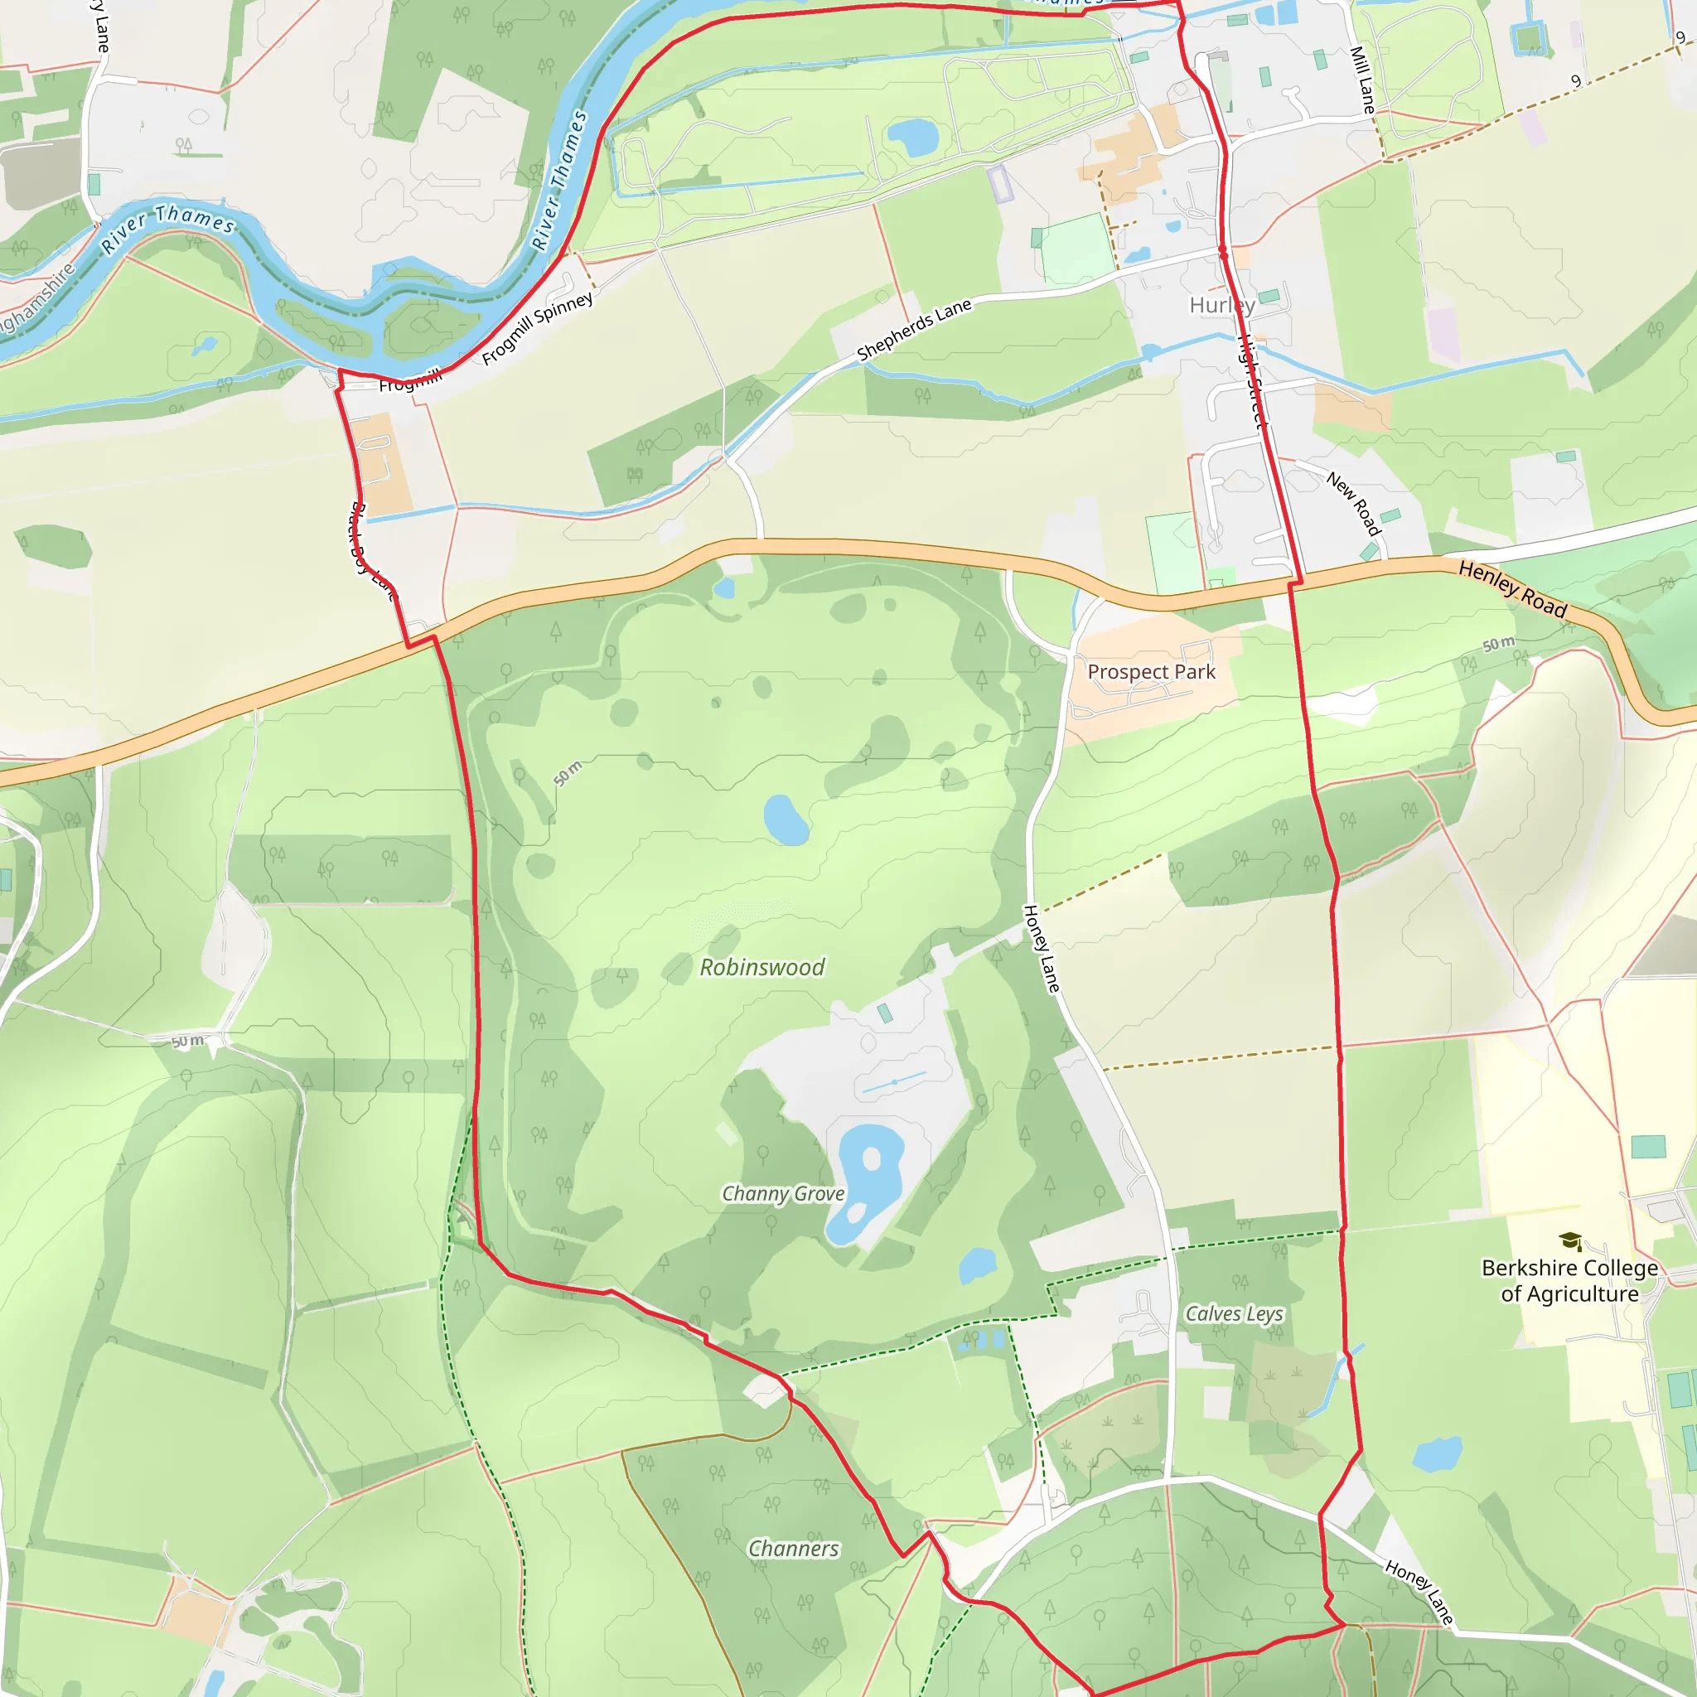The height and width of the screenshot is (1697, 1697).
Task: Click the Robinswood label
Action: click(761, 967)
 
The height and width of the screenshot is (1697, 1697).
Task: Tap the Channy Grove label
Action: click(782, 1194)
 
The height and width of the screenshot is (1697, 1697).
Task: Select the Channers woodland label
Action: click(793, 1549)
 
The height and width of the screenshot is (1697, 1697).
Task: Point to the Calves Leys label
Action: click(1234, 1314)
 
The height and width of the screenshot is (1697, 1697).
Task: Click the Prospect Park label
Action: click(1151, 672)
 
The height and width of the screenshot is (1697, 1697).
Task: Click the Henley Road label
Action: click(1512, 590)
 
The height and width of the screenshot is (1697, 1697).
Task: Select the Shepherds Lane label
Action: click(915, 328)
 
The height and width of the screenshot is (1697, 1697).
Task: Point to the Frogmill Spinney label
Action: click(538, 328)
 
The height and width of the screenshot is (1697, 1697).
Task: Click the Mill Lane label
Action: click(1362, 80)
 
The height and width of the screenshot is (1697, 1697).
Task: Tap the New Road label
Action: click(1354, 504)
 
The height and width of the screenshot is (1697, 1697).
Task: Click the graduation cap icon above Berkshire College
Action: click(1570, 1241)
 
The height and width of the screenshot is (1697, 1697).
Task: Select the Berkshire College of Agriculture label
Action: click(1569, 1281)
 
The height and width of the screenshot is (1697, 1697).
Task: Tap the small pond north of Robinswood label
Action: click(786, 819)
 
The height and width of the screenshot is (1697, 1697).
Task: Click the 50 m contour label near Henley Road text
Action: click(1498, 644)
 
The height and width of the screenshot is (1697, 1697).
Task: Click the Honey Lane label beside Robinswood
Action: click(1042, 949)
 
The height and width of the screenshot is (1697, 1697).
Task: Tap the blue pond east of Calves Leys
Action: click(1438, 1454)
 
